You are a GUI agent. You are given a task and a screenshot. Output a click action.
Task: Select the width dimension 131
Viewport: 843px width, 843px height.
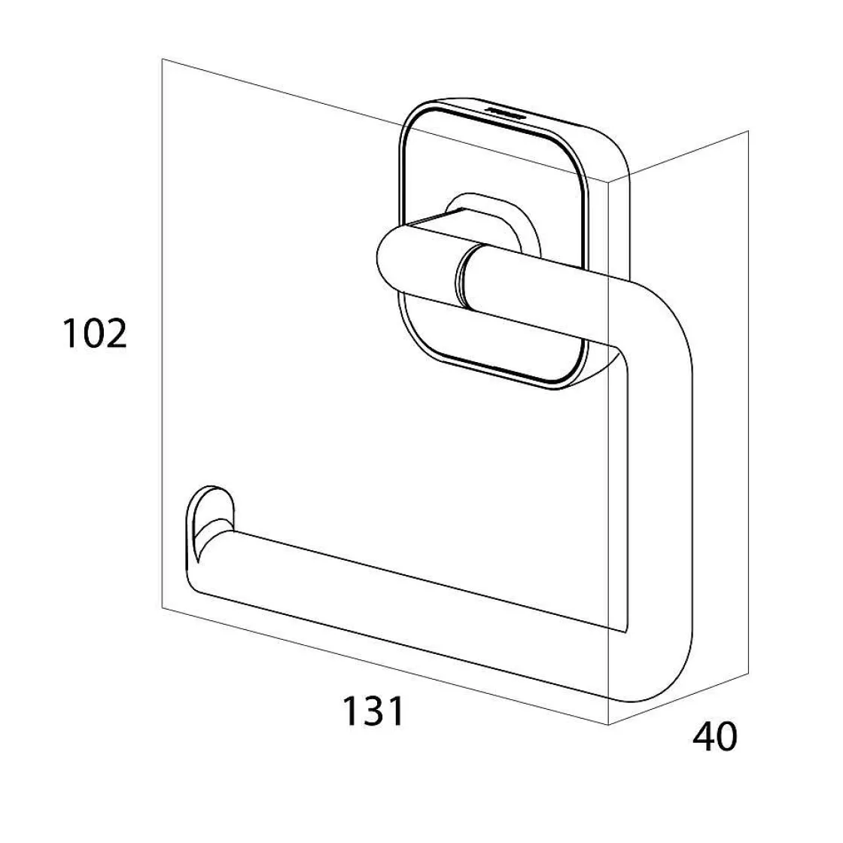coord(374,711)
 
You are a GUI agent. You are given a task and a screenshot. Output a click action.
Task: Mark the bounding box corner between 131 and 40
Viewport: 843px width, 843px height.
coord(608,724)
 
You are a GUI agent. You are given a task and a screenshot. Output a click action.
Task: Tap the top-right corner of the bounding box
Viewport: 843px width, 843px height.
coord(747,132)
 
